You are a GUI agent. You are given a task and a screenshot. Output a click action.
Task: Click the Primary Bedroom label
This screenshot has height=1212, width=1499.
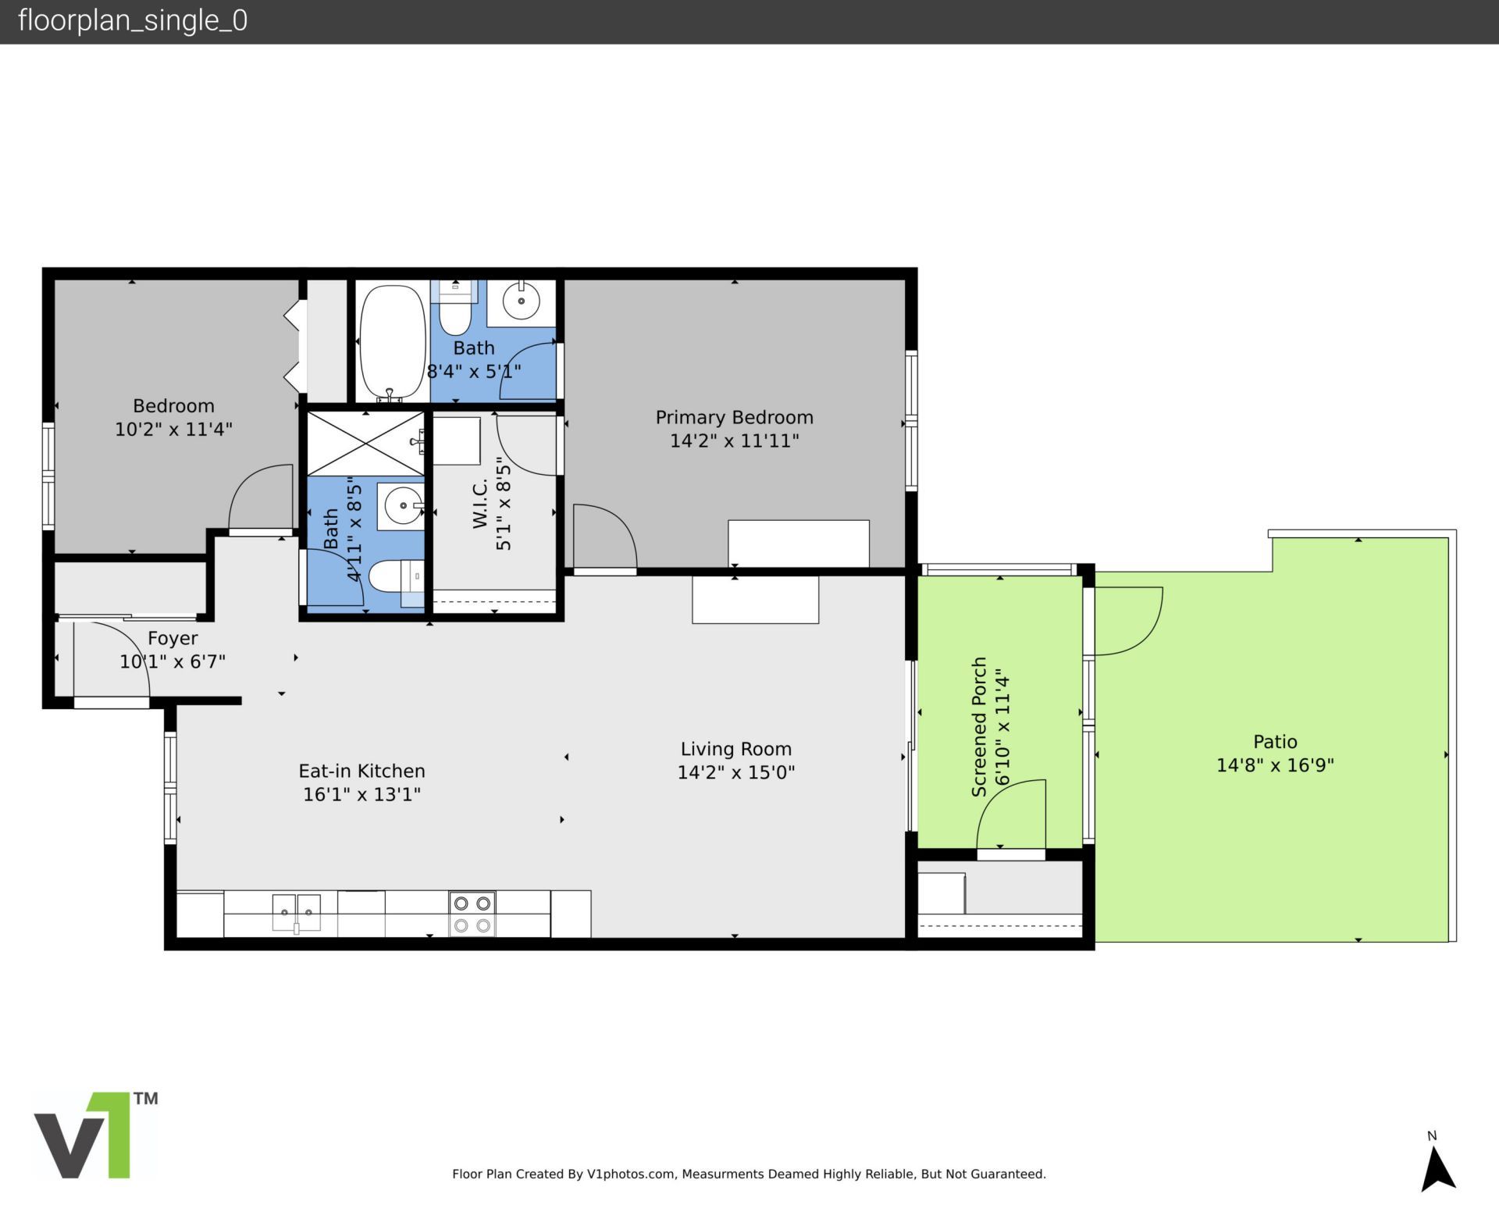(x=734, y=417)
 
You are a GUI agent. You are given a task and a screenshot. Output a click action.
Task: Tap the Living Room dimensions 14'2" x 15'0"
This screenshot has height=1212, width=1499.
(x=735, y=772)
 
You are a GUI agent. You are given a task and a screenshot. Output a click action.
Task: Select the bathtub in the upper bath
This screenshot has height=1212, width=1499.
(x=393, y=342)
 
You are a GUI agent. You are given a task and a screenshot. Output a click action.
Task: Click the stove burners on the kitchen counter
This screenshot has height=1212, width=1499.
(x=472, y=914)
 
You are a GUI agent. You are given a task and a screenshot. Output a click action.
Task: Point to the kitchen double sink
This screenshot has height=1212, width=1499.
(x=296, y=912)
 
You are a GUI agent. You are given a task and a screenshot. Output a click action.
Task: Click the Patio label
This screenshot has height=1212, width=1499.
(x=1275, y=742)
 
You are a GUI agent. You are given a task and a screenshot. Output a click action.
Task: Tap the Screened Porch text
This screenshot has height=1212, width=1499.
(x=979, y=726)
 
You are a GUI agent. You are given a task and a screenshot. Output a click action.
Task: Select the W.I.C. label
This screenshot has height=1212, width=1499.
(x=480, y=504)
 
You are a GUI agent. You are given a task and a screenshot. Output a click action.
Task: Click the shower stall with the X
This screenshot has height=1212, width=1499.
(x=365, y=443)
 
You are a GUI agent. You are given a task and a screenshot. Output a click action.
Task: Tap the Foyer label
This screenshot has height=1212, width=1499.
(x=173, y=639)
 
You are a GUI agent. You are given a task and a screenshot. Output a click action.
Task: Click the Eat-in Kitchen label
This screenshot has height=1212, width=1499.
(x=361, y=771)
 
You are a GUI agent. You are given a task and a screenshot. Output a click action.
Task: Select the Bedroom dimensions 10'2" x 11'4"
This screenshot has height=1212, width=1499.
(x=173, y=430)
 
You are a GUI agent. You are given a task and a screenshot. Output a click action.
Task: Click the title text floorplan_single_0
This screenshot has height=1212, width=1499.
(x=132, y=21)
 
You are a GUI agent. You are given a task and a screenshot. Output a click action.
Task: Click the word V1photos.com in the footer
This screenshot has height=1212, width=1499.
(x=630, y=1174)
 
